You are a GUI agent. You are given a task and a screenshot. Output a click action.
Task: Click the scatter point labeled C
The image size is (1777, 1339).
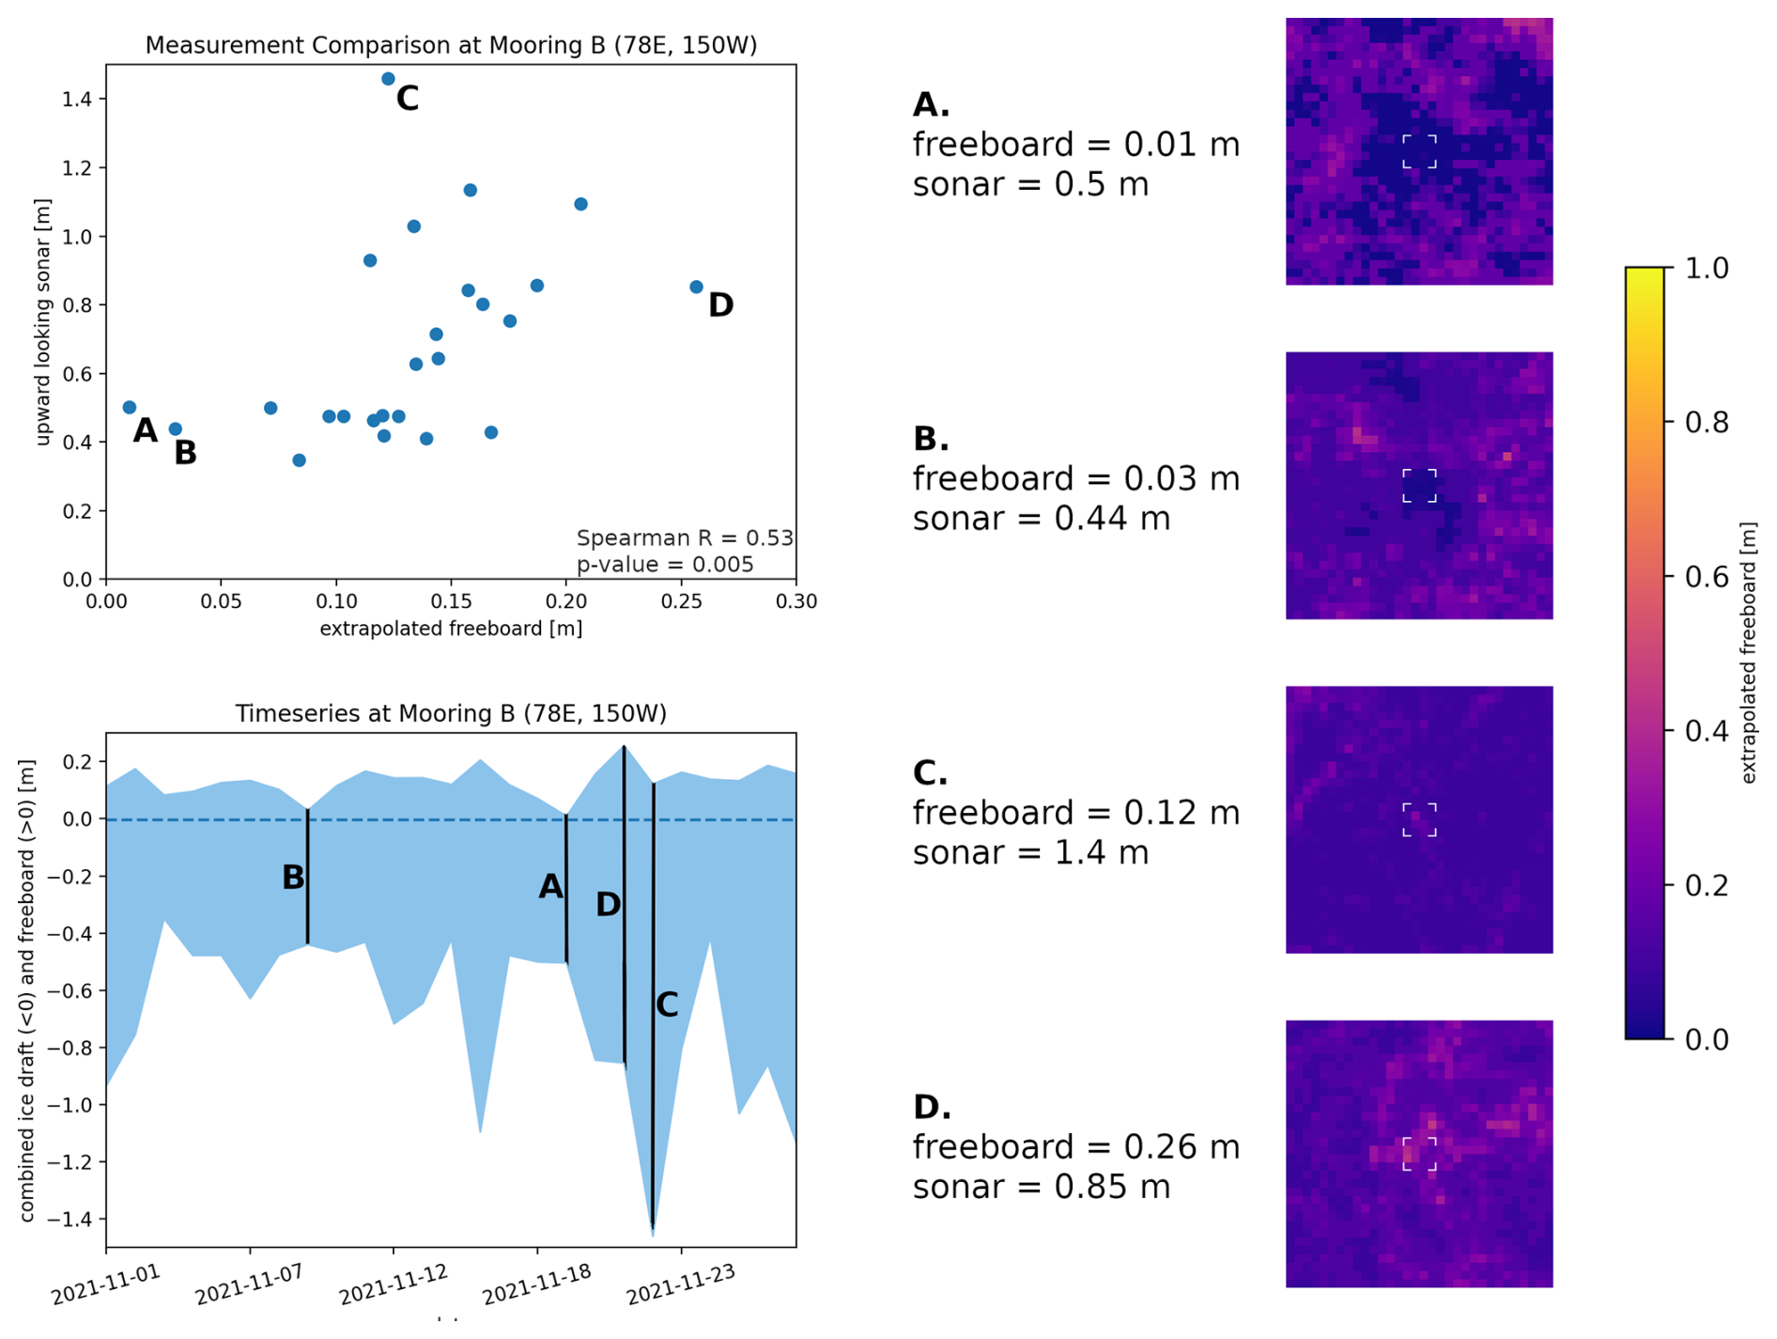[x=388, y=79]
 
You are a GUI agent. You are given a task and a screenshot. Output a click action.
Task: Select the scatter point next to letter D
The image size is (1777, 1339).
[x=696, y=287]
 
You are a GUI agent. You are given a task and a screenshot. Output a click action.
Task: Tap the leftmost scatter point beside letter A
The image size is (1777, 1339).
[x=130, y=407]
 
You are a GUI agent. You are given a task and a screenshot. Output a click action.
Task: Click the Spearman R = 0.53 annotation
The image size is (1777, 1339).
[x=685, y=537]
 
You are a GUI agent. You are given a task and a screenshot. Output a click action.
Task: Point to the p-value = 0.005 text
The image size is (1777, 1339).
[x=665, y=564]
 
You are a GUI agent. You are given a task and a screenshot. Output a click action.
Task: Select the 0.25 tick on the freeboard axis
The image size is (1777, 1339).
[x=681, y=601]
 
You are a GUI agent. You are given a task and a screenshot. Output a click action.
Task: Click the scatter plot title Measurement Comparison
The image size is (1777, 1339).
[x=451, y=45]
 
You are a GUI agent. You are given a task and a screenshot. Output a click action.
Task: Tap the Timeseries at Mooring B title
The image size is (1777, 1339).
[x=451, y=713]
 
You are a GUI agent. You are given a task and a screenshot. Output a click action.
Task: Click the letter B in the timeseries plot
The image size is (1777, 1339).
[x=293, y=878]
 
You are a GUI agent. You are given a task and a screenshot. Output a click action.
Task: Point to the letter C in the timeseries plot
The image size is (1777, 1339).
[x=667, y=1004]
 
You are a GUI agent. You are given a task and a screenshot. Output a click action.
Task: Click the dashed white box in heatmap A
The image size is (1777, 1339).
[x=1418, y=151]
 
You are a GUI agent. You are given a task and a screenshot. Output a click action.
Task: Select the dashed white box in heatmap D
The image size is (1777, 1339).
[x=1418, y=1154]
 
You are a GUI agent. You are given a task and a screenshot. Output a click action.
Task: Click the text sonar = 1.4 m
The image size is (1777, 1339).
[x=1030, y=852]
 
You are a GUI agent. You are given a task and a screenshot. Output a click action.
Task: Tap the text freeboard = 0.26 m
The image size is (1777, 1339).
[x=1076, y=1146]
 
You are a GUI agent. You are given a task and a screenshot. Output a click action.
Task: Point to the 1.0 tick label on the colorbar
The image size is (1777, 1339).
[x=1707, y=268]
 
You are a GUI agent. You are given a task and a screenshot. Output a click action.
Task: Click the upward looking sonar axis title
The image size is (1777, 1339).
[x=42, y=322]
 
